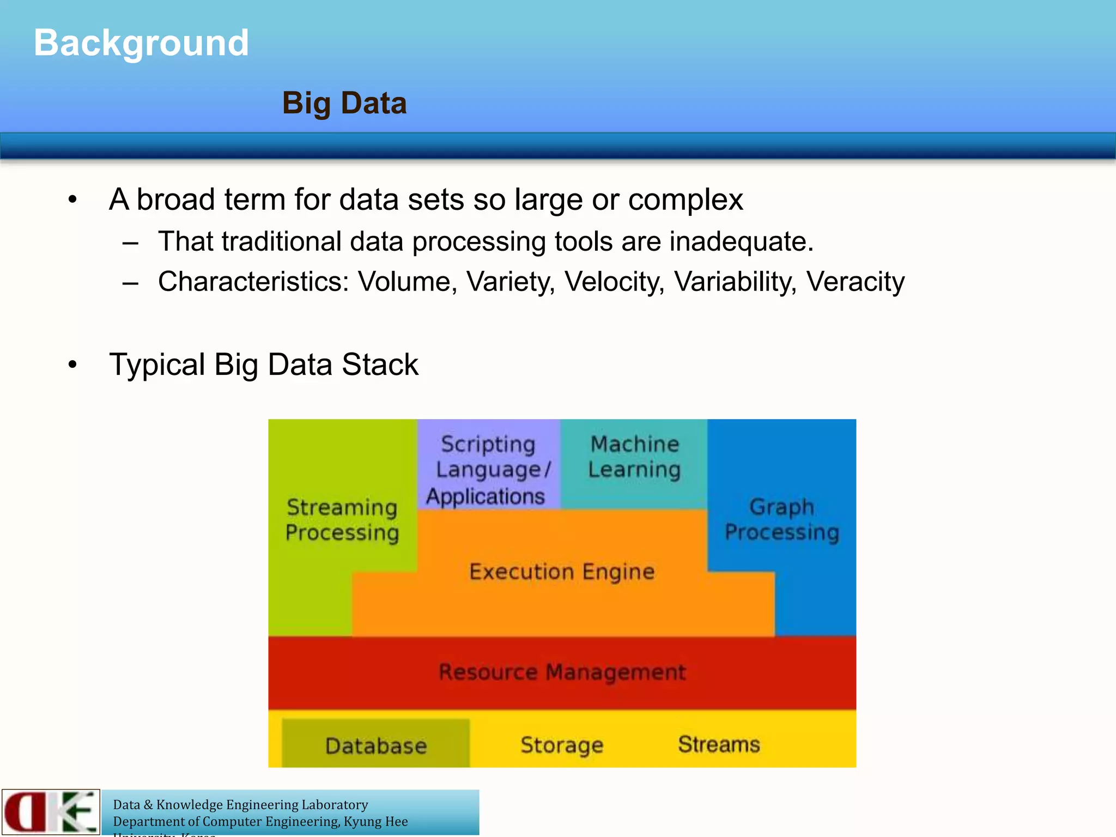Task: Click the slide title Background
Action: (141, 43)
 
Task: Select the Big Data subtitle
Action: (344, 103)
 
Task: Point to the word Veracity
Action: (855, 282)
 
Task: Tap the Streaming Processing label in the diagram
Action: (342, 520)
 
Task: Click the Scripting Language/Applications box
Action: (488, 470)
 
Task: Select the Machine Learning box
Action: (634, 457)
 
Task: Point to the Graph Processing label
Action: (781, 519)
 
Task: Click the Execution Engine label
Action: (562, 572)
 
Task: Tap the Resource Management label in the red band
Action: (562, 672)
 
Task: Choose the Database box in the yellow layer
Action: (375, 745)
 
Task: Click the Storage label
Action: (562, 745)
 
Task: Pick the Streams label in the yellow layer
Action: (718, 744)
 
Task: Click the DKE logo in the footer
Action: (51, 812)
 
